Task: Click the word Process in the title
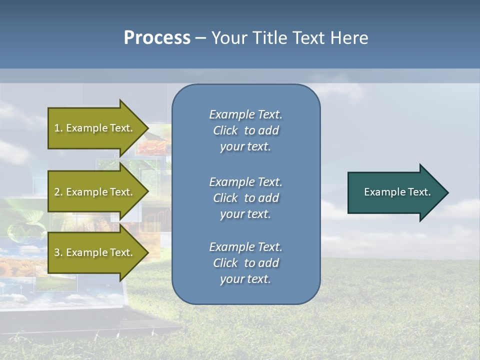point(157,38)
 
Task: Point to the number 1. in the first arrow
point(58,128)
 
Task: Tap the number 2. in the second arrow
point(58,192)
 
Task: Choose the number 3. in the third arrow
point(58,252)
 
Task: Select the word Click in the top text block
point(225,130)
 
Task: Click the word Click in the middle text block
point(225,198)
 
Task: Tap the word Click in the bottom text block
point(225,263)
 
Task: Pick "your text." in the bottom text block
point(245,279)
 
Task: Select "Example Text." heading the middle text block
point(245,182)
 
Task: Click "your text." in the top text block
point(245,146)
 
